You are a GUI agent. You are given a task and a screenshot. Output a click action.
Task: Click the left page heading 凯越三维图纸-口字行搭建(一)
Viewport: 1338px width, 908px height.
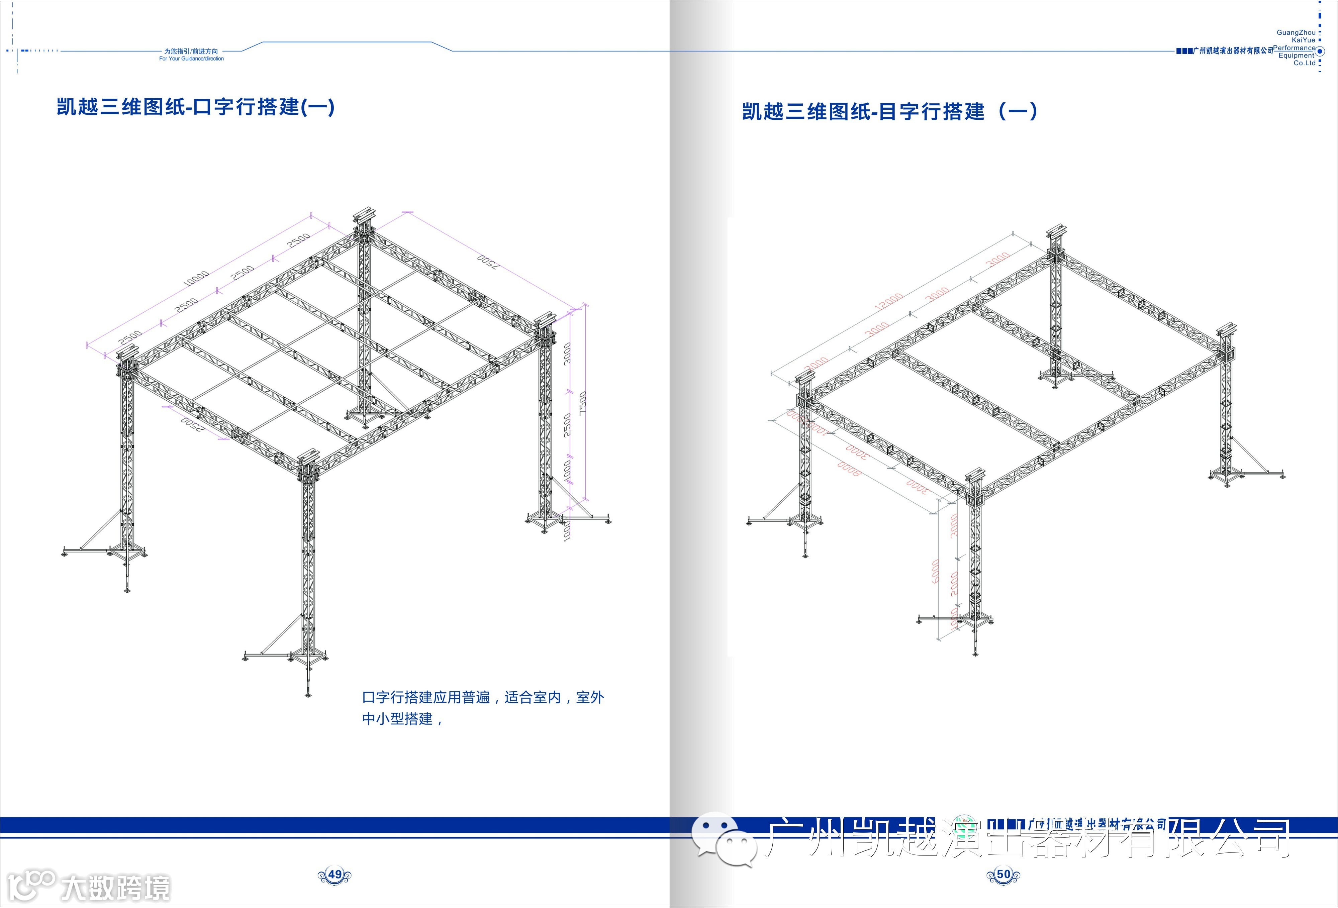pyautogui.click(x=196, y=107)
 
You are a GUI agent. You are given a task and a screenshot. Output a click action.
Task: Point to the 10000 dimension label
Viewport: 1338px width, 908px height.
pyautogui.click(x=196, y=278)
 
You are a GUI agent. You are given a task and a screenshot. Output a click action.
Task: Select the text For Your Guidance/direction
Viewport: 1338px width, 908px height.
pyautogui.click(x=191, y=59)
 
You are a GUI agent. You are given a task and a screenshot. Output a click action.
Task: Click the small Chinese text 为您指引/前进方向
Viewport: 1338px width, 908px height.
pyautogui.click(x=191, y=51)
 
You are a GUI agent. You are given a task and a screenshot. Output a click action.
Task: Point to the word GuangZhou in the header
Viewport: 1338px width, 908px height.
pyautogui.click(x=1296, y=33)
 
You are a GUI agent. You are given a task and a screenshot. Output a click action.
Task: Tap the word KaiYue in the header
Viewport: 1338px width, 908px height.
pyautogui.click(x=1304, y=40)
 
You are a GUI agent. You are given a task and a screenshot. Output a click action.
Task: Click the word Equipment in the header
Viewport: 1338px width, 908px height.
pyautogui.click(x=1297, y=56)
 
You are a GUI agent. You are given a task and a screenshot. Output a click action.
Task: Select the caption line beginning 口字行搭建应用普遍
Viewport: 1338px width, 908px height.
pyautogui.click(x=482, y=697)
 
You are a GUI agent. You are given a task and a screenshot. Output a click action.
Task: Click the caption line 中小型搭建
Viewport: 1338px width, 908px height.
pyautogui.click(x=401, y=719)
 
